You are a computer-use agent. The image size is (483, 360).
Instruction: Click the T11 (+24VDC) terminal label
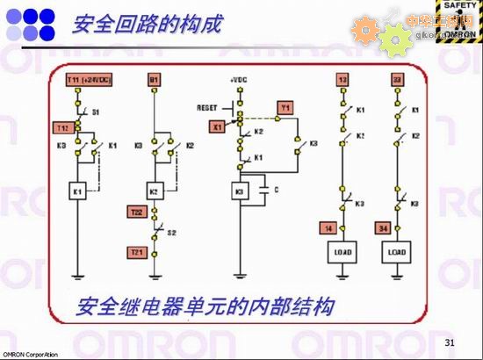[x=85, y=81]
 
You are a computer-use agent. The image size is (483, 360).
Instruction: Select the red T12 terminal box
[x=61, y=126]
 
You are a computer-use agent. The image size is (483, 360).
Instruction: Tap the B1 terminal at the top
[x=155, y=81]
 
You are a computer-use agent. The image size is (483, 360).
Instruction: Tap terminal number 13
[x=342, y=81]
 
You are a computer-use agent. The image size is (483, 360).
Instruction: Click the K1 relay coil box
[x=76, y=191]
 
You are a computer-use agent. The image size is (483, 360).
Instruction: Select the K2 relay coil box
[x=153, y=191]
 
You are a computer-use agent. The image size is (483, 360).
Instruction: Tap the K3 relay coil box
[x=237, y=191]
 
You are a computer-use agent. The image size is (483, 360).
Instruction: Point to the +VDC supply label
[x=238, y=81]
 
